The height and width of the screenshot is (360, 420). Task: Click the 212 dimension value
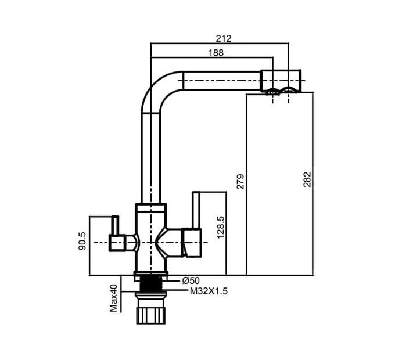[x=224, y=38]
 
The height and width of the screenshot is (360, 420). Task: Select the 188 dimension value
[x=216, y=52]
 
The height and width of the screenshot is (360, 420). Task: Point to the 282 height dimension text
[x=307, y=179]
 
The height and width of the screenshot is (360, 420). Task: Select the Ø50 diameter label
[x=191, y=280]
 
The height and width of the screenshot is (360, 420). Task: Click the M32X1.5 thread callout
[x=209, y=291]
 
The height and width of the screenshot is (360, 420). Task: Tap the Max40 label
[x=114, y=298]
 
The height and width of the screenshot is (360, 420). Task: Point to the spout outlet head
[x=281, y=81]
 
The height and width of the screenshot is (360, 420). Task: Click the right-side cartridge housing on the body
[x=191, y=242]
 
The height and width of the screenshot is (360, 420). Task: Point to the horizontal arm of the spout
[x=221, y=81]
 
